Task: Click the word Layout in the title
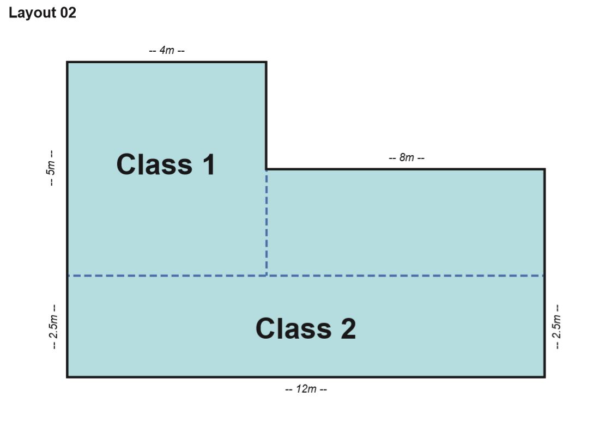(x=33, y=13)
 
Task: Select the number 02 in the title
(x=68, y=13)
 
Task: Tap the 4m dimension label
(x=167, y=50)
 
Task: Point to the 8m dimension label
(x=407, y=157)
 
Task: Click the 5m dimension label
(x=51, y=168)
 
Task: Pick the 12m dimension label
(x=306, y=389)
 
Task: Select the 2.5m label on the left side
(x=53, y=327)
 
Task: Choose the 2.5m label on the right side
(x=557, y=327)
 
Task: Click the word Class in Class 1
(x=154, y=164)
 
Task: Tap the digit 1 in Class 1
(x=209, y=164)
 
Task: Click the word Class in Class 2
(x=293, y=328)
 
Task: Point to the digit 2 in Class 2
(x=348, y=328)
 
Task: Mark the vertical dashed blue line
(x=267, y=223)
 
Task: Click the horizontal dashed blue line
(x=306, y=276)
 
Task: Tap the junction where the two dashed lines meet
(x=267, y=276)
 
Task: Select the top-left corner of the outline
(x=68, y=62)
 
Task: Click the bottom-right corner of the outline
(x=545, y=377)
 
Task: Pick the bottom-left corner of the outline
(x=68, y=377)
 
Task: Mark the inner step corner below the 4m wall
(x=267, y=169)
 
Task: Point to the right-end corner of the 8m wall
(x=545, y=169)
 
